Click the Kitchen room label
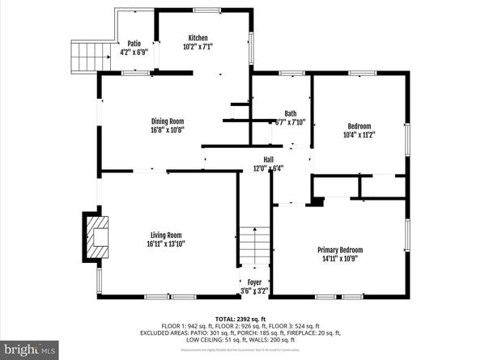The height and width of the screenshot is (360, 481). (198, 38)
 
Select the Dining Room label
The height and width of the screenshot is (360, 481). (167, 121)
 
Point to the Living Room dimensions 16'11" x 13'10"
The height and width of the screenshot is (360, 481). (166, 244)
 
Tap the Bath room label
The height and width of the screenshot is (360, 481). (290, 113)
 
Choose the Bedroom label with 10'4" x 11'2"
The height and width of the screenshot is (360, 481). (360, 126)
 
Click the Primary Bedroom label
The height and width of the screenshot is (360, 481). (339, 250)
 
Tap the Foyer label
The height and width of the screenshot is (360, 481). (254, 282)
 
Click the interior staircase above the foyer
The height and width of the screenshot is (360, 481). (253, 246)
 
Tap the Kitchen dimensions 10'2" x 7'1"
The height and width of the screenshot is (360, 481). (198, 47)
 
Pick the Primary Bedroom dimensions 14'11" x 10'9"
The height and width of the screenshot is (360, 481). (339, 260)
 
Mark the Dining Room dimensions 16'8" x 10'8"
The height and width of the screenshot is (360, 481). (167, 129)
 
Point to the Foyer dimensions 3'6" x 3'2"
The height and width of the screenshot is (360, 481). (254, 290)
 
